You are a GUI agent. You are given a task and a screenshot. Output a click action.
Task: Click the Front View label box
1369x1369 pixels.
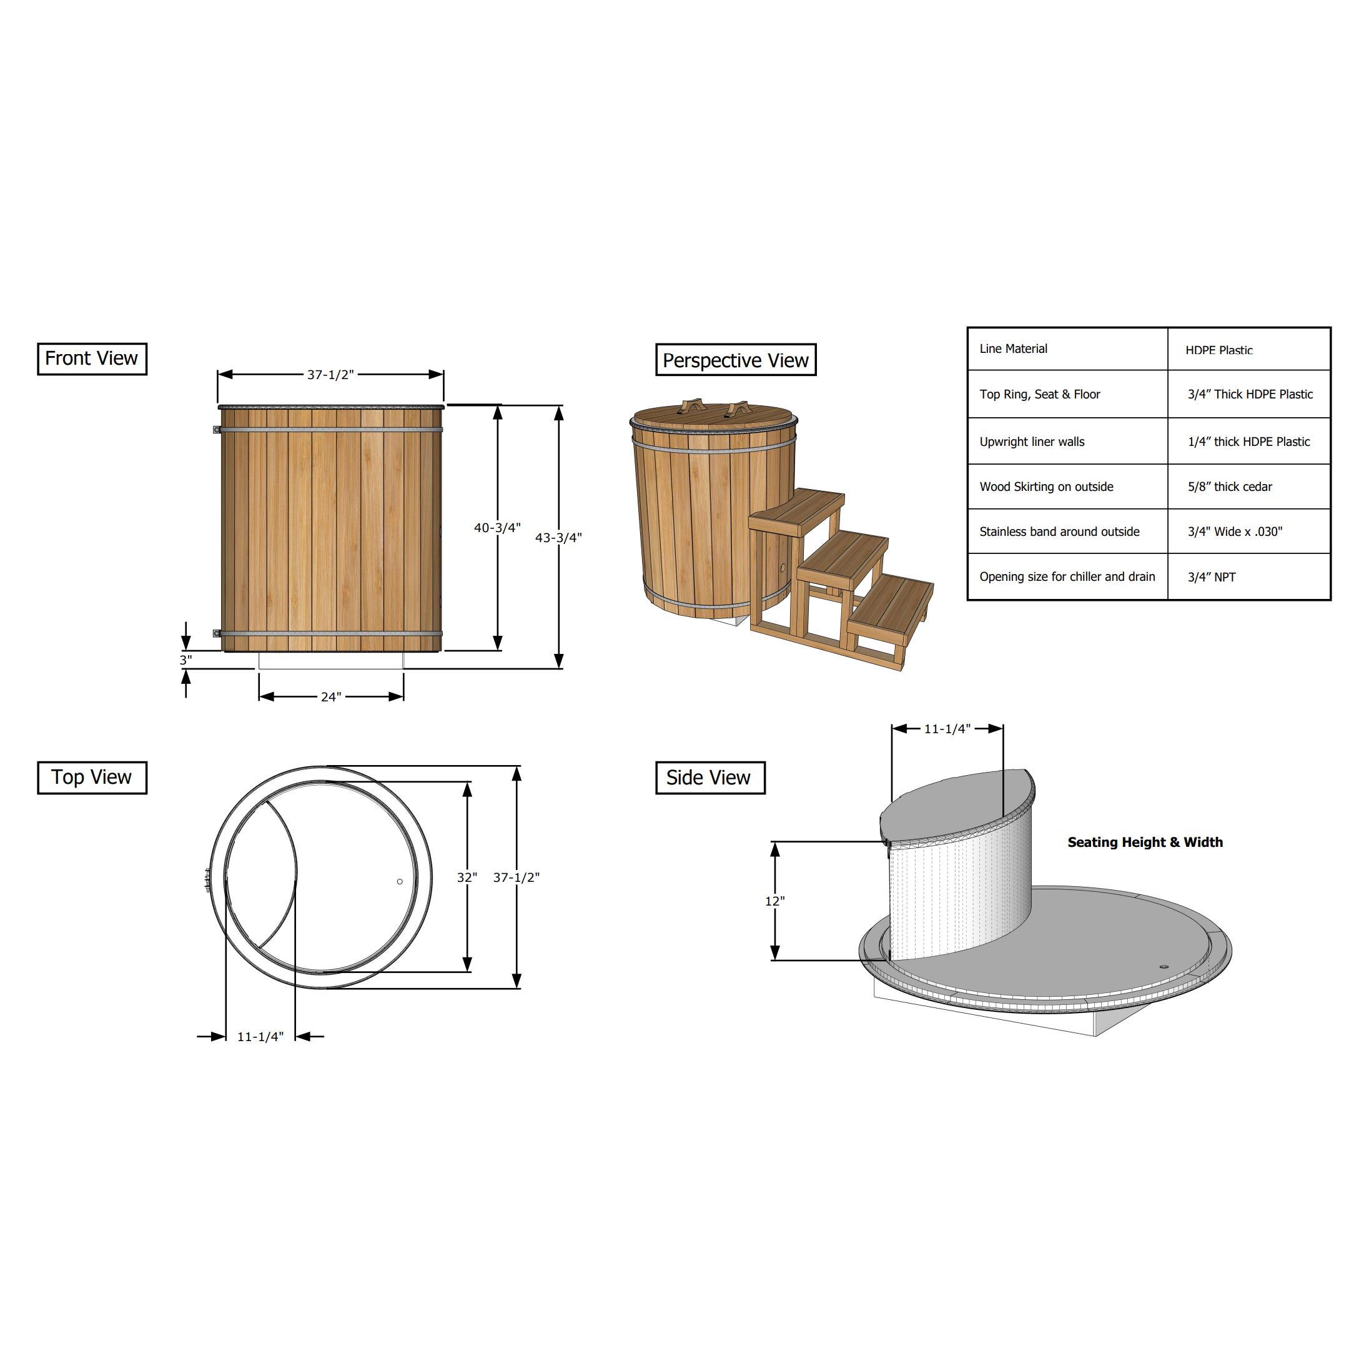pos(92,358)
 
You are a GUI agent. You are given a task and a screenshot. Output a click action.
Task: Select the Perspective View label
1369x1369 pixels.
pos(736,360)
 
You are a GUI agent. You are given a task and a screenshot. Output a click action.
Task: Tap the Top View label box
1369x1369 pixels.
pos(92,778)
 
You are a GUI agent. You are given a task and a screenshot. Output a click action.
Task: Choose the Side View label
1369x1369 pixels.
pos(710,778)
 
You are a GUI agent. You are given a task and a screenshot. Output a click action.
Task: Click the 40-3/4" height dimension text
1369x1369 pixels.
pos(497,528)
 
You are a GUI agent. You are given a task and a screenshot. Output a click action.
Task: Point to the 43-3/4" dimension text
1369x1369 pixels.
pos(558,538)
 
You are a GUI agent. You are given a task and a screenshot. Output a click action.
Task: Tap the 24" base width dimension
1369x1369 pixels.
pos(331,697)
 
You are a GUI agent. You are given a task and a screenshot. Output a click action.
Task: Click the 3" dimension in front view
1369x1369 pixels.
pos(185,660)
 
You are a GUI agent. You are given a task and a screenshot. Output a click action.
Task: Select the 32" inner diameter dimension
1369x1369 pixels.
pos(467,877)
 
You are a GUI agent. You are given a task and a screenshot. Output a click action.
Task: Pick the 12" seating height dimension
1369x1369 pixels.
pos(774,901)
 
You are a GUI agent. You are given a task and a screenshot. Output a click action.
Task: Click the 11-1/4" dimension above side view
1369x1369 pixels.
pos(947,729)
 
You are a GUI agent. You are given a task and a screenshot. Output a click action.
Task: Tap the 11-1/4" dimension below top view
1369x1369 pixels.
pos(260,1037)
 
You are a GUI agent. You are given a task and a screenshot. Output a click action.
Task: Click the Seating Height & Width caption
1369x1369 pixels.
pos(1144,842)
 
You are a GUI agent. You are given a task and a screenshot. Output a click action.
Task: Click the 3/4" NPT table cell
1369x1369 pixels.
pos(1211,577)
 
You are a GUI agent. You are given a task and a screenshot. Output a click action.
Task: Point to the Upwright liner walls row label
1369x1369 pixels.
pos(1032,442)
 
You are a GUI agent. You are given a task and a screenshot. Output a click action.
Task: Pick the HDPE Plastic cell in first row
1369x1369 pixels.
pos(1218,350)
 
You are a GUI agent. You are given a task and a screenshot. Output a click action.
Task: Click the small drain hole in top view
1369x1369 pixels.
pos(400,881)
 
